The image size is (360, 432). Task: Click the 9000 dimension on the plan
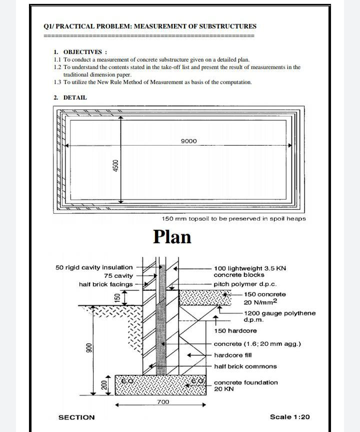coord(188,141)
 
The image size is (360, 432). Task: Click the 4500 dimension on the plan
coord(115,166)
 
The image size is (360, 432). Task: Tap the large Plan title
coord(172,236)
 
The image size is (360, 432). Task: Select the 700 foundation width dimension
coord(163,402)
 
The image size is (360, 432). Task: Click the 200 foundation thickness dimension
coord(104,385)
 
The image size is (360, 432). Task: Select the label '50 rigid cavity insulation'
coord(94,267)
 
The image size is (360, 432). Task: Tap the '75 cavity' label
coord(118,276)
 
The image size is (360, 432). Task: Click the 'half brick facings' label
coord(106,284)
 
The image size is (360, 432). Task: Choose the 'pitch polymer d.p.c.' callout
coord(245,284)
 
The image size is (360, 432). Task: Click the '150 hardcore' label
coord(235,331)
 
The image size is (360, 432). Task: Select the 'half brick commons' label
coord(245,366)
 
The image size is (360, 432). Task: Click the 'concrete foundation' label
coord(245,382)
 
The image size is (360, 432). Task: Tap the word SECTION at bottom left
coord(76,417)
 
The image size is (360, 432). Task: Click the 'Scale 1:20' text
coord(289,417)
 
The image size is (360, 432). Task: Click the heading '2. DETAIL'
coord(70,98)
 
